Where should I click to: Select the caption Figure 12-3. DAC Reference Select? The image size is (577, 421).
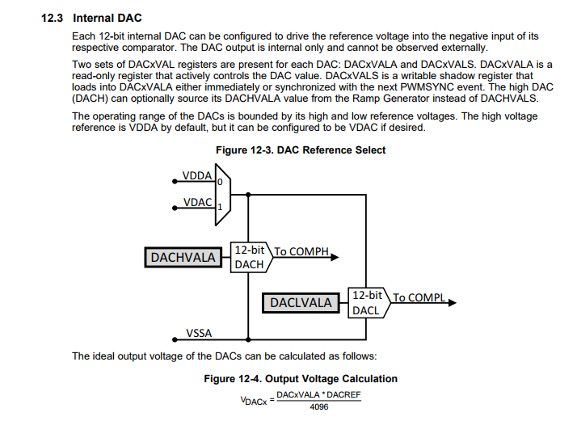(301, 149)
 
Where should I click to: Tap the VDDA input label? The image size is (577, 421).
(197, 175)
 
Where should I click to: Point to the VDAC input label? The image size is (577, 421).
(197, 202)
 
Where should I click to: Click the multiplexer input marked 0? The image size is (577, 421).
(219, 182)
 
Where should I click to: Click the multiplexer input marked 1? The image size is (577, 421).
(219, 207)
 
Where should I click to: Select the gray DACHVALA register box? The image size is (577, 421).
(184, 257)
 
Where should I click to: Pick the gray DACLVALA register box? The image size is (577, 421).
(301, 302)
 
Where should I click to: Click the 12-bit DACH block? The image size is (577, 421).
(250, 258)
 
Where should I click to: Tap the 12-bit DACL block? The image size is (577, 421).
(368, 302)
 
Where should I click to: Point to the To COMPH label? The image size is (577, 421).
(301, 251)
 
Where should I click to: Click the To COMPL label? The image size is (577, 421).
(419, 297)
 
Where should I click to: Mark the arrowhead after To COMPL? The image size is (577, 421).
(452, 303)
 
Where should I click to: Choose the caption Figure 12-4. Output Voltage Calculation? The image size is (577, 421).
(301, 378)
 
